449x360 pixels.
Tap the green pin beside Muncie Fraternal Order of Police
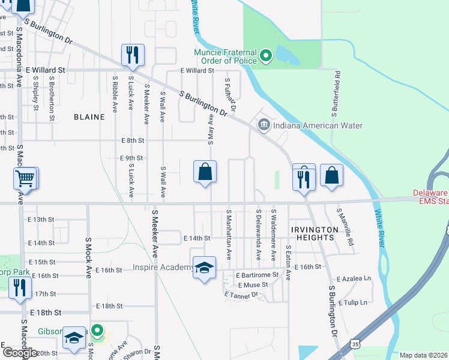pos(267,58)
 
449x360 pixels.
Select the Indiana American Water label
pos(318,125)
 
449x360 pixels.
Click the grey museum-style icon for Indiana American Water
pos(263,125)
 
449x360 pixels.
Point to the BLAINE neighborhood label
pos(89,117)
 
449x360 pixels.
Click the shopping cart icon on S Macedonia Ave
pos(25,178)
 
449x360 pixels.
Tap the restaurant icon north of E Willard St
pos(131,55)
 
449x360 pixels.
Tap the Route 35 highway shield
pos(355,344)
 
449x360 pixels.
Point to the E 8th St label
pos(132,140)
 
